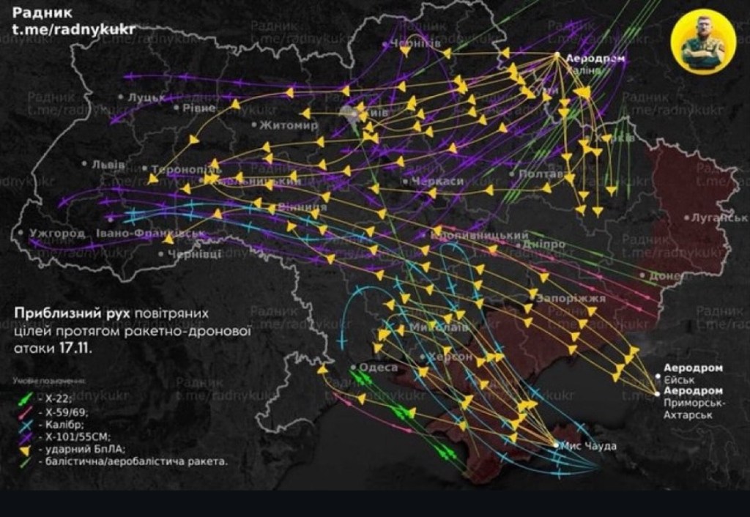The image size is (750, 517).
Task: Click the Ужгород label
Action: [x=56, y=234]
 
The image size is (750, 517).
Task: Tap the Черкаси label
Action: [x=437, y=181]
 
